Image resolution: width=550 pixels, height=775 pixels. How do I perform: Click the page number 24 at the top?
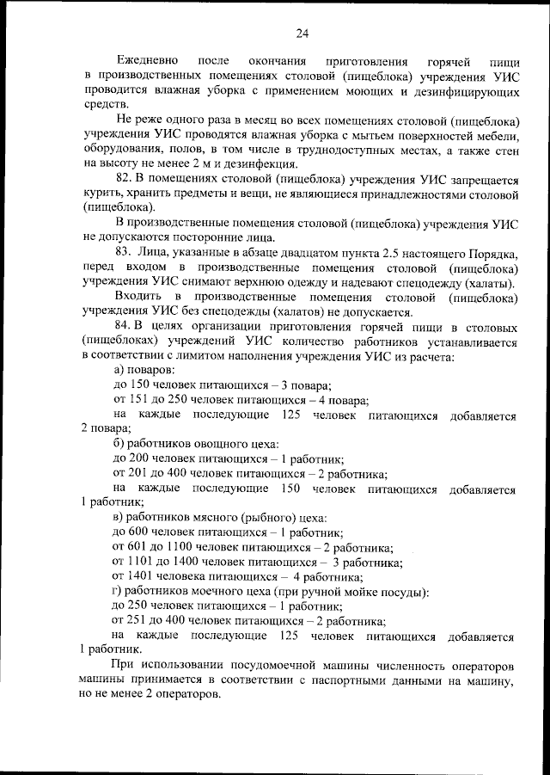(302, 34)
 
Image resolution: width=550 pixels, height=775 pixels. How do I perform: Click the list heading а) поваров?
(146, 370)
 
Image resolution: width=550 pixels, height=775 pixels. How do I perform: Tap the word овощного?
(225, 444)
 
